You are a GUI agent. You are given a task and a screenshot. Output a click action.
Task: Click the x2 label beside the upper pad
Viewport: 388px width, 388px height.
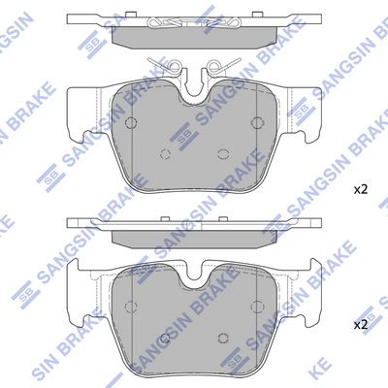(x=361, y=190)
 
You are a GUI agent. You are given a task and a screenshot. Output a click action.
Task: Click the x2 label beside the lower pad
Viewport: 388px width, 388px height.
(x=361, y=325)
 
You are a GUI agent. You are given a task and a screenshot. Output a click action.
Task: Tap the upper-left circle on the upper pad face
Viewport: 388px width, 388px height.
(x=131, y=122)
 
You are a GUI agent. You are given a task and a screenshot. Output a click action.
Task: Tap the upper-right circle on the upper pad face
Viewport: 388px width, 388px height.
(x=257, y=122)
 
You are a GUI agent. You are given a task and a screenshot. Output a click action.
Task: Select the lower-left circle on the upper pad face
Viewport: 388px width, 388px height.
(x=165, y=154)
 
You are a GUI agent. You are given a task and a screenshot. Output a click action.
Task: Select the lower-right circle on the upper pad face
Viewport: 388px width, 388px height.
(x=222, y=154)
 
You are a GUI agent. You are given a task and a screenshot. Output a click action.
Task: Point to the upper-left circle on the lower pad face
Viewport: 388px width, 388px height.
(x=131, y=307)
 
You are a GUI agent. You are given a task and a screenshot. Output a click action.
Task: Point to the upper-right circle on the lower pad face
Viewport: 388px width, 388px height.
(x=257, y=307)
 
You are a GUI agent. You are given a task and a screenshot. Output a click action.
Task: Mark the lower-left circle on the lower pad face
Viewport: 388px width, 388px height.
(x=165, y=339)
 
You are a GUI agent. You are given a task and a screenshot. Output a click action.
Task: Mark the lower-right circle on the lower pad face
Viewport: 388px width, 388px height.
(x=222, y=339)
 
